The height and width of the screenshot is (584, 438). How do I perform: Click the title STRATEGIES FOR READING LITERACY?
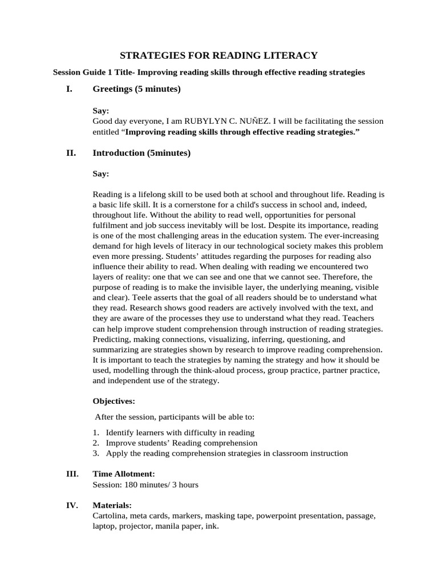click(x=218, y=55)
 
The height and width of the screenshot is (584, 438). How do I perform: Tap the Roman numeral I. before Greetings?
click(x=70, y=89)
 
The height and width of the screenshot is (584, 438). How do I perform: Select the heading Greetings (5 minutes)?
click(x=136, y=89)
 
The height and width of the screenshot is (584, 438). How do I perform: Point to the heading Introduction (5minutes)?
click(x=141, y=153)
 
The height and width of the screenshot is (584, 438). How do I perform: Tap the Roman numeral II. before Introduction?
click(x=71, y=153)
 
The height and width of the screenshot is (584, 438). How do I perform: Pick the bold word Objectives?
click(x=113, y=401)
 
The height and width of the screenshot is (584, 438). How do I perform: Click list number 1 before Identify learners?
click(x=96, y=432)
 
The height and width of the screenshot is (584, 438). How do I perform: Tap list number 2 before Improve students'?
click(x=96, y=443)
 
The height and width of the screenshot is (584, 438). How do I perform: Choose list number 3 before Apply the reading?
click(x=96, y=453)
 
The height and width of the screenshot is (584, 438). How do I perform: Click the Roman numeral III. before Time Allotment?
click(x=72, y=474)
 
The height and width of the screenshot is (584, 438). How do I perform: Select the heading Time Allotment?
click(x=123, y=474)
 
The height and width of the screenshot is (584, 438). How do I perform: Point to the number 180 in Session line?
click(x=129, y=485)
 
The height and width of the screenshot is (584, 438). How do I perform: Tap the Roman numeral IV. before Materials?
click(x=72, y=505)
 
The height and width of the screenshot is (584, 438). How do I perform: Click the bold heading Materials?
click(x=112, y=505)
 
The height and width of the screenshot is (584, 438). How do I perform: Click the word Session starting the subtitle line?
click(x=67, y=72)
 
